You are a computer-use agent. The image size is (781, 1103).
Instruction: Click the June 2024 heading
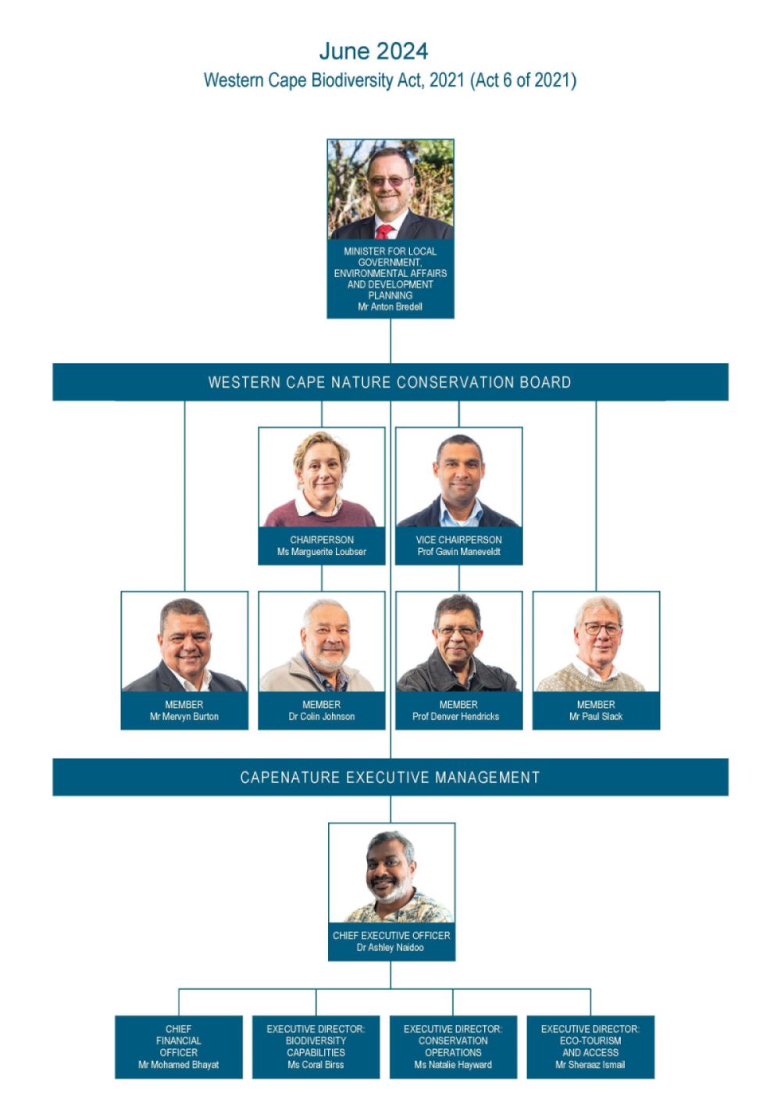tap(373, 52)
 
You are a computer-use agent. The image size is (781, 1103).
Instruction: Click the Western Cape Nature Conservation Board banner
tap(390, 382)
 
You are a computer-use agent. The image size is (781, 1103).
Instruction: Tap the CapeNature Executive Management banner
tap(390, 777)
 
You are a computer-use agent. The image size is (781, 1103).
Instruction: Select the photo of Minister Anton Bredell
tap(390, 190)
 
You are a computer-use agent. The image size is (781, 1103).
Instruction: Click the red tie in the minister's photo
tap(384, 231)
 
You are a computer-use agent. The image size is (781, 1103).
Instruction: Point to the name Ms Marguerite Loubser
tap(322, 552)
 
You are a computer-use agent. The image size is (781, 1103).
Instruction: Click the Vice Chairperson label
tap(458, 539)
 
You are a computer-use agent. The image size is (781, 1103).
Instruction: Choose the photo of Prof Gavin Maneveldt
tap(459, 478)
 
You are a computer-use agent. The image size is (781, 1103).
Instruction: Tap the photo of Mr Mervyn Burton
tap(184, 642)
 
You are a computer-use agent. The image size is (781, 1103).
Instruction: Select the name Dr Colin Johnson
tap(322, 717)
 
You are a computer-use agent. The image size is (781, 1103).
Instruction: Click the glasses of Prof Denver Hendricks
tap(457, 631)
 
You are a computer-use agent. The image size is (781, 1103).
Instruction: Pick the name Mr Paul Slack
tap(596, 717)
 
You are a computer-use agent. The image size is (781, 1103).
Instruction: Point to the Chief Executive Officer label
tap(391, 935)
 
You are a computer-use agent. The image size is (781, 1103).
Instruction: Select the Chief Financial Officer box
tap(179, 1047)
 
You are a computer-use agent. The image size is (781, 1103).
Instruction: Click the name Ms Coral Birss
tap(316, 1065)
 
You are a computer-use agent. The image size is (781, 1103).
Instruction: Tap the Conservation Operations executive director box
tap(453, 1047)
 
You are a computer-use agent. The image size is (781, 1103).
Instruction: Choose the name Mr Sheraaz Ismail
tap(590, 1065)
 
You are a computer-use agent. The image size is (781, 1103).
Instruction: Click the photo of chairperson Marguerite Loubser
tap(322, 478)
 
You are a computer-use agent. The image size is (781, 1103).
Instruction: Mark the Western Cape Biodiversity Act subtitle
tap(390, 80)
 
